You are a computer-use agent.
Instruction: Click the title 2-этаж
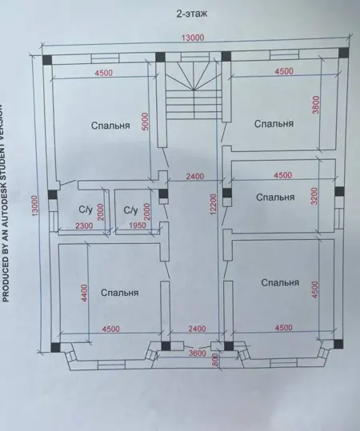[x=192, y=14]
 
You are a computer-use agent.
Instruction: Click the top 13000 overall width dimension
[x=193, y=38]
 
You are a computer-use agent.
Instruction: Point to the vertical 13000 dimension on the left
[x=35, y=206]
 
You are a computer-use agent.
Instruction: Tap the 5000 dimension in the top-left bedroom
[x=146, y=122]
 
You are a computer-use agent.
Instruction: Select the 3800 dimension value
[x=316, y=105]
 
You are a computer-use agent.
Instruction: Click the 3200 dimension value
[x=315, y=196]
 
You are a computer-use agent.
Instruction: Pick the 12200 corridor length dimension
[x=214, y=204]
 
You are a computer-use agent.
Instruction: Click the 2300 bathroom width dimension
[x=84, y=226]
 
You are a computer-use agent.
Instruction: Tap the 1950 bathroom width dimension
[x=138, y=225]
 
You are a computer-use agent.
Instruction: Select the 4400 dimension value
[x=85, y=293]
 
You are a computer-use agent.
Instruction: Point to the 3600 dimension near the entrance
[x=197, y=353]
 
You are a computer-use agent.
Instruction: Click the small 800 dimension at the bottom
[x=215, y=360]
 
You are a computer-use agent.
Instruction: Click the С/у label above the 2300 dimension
[x=86, y=210]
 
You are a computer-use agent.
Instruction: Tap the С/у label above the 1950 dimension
[x=130, y=210]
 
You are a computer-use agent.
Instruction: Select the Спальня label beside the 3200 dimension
[x=275, y=197]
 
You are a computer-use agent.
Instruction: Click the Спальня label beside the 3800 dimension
[x=274, y=124]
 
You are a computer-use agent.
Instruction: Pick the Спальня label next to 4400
[x=120, y=293]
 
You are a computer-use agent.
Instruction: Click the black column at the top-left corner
[x=47, y=60]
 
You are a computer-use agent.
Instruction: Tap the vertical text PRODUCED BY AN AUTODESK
[x=6, y=202]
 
